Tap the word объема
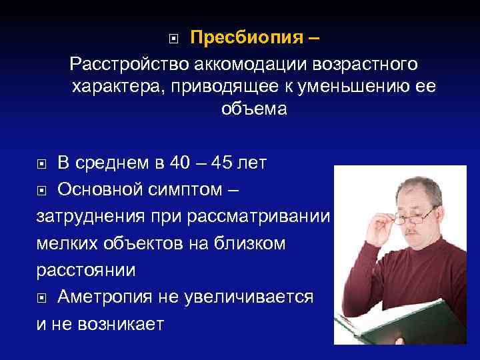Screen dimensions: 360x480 click(254, 109)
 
